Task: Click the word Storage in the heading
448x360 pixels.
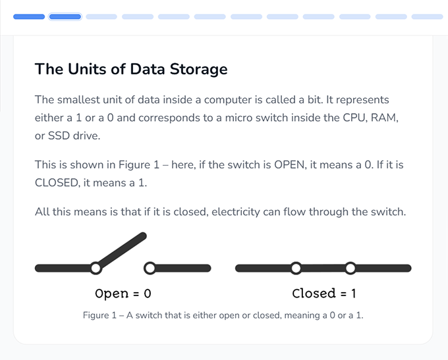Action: [198, 69]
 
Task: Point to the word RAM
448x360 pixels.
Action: [384, 118]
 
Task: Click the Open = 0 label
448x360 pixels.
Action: [123, 294]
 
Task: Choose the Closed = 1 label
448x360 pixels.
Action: [323, 294]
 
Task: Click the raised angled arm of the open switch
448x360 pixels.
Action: [121, 251]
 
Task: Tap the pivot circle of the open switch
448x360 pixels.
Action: [96, 268]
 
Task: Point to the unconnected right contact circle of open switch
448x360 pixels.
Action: [150, 268]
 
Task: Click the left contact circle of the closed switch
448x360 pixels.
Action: [296, 268]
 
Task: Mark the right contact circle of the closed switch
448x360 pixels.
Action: [350, 268]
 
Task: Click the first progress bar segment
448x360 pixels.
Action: [29, 16]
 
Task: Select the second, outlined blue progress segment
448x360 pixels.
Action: [65, 16]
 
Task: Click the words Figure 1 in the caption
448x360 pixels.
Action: [99, 315]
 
